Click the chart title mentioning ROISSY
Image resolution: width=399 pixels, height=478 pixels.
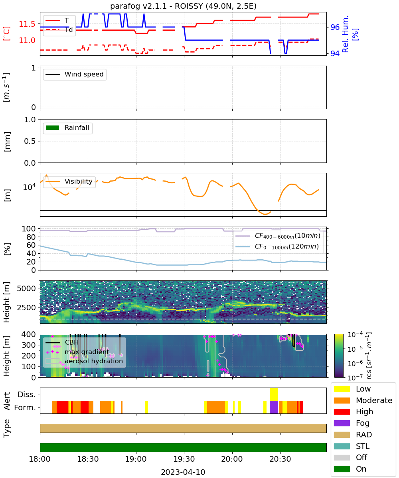click(183, 6)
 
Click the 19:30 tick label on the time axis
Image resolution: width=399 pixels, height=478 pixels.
click(184, 459)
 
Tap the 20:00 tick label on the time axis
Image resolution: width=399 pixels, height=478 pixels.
click(232, 459)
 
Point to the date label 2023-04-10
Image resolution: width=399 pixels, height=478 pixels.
click(183, 472)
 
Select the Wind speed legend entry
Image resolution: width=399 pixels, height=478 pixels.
click(75, 74)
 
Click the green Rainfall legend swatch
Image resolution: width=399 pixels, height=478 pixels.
click(53, 127)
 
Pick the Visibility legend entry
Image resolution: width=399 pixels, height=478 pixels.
click(69, 181)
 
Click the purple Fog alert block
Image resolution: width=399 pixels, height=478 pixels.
click(273, 407)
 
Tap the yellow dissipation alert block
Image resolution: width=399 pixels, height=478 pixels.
click(273, 394)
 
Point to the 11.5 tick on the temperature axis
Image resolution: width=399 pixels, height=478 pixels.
click(27, 24)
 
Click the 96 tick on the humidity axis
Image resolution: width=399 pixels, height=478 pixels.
click(335, 27)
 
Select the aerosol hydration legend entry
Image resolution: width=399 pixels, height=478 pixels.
click(84, 361)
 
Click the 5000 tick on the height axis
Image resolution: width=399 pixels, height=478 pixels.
click(26, 288)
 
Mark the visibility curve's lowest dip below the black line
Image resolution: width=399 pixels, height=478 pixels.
click(265, 214)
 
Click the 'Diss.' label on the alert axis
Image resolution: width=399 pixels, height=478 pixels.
click(27, 394)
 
